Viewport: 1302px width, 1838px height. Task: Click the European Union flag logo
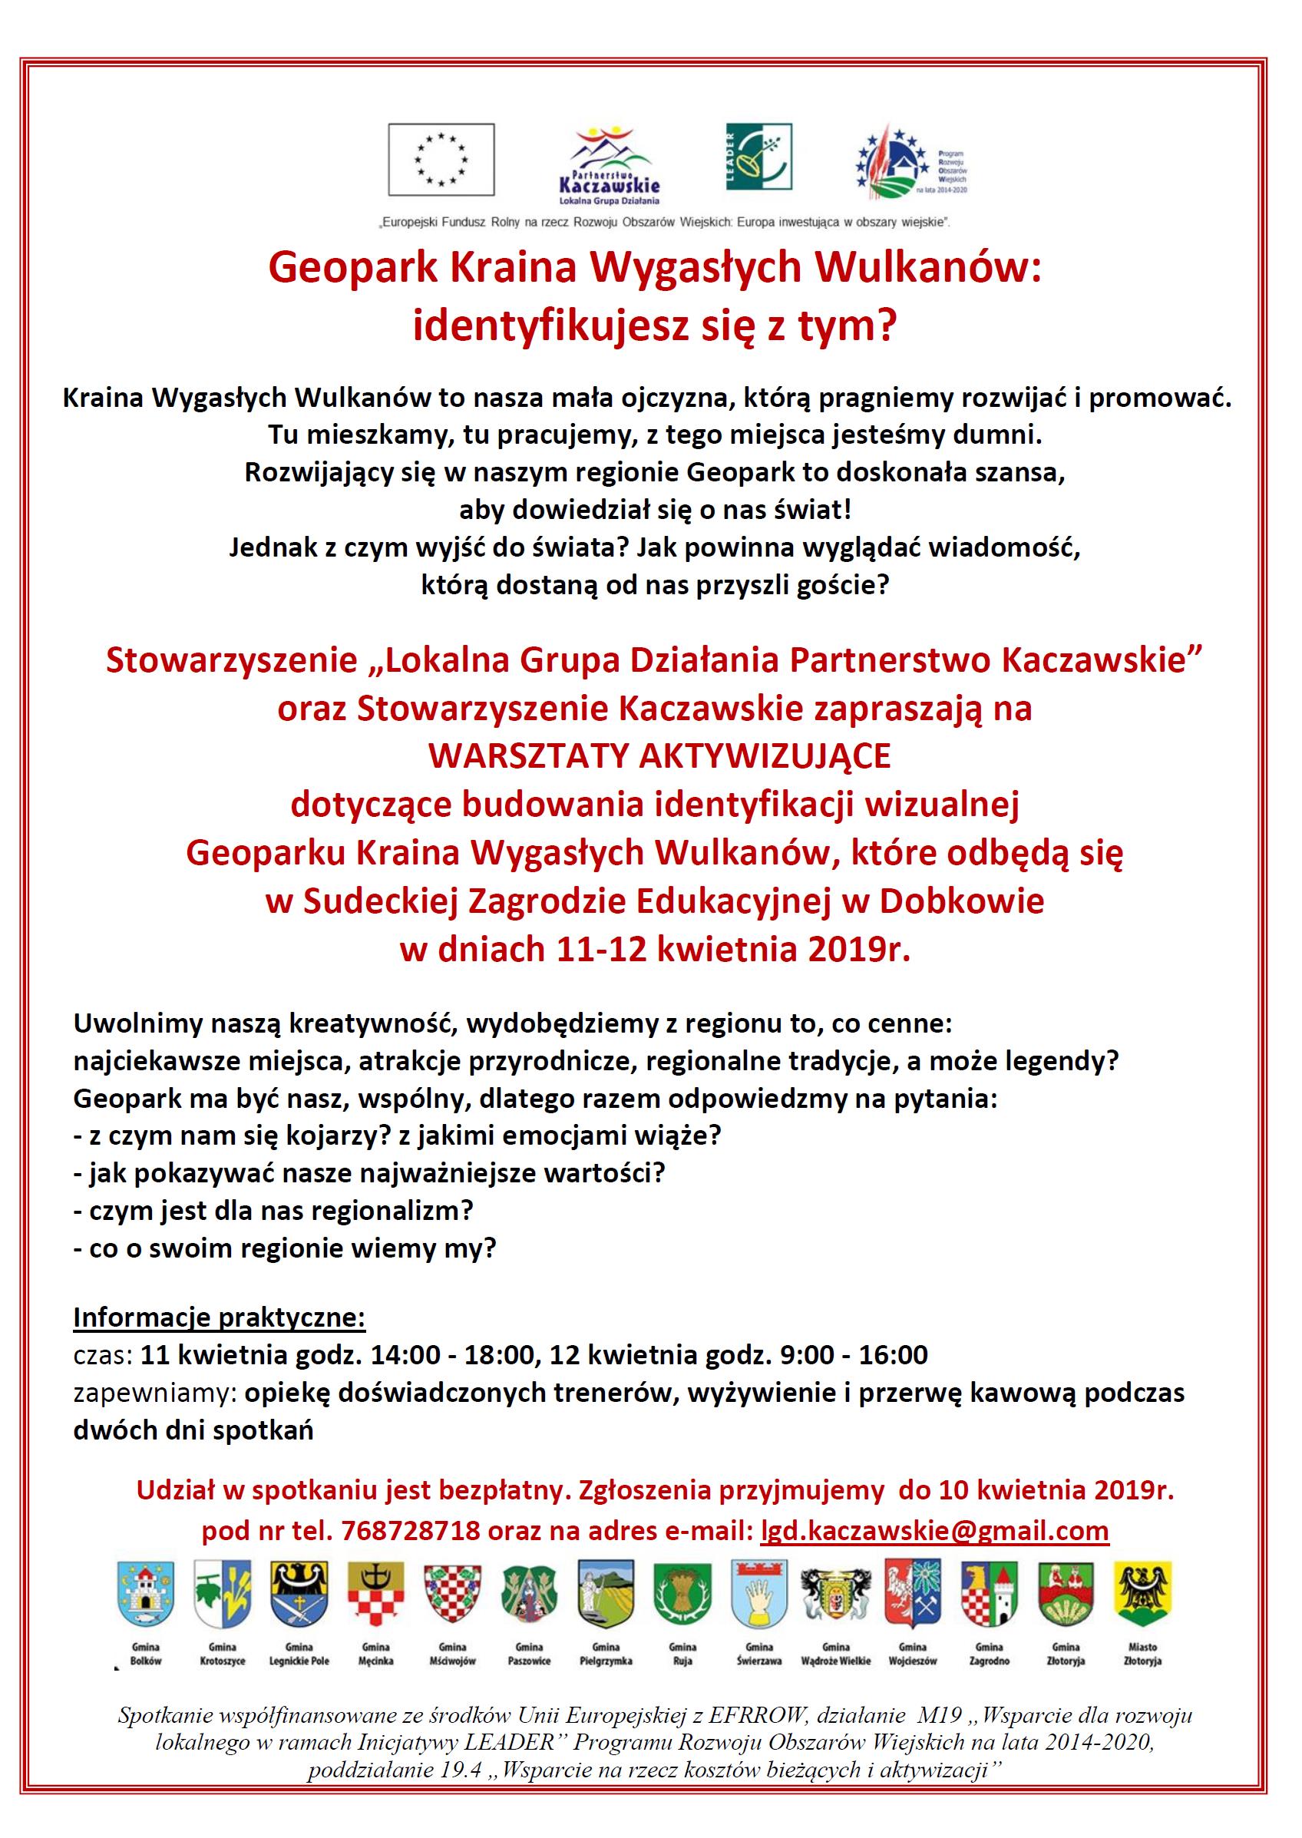pyautogui.click(x=441, y=159)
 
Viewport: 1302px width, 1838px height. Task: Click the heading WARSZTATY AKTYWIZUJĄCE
pyautogui.click(x=659, y=756)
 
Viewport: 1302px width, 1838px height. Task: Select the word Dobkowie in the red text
pyautogui.click(x=962, y=901)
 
